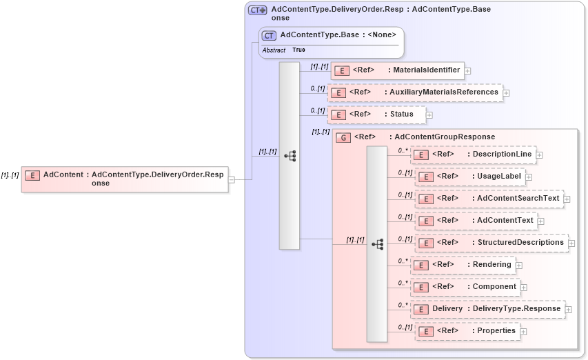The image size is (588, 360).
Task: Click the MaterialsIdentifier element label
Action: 426,70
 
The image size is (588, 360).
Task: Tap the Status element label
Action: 402,114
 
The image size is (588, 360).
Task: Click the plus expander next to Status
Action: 429,114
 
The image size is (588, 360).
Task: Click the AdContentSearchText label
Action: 518,199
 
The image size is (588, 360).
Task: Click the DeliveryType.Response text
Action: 516,309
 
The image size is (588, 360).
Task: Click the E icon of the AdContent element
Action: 32,175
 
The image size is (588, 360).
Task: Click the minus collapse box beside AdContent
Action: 232,179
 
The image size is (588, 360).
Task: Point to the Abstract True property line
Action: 284,50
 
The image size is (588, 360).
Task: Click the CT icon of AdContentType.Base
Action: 269,35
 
